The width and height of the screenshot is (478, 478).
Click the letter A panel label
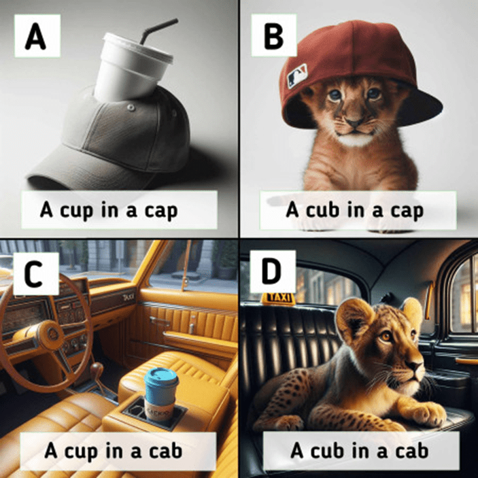(x=35, y=36)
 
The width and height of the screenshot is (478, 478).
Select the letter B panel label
(x=274, y=36)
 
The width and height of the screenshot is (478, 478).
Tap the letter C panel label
(x=33, y=274)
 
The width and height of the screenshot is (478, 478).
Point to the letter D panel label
(x=271, y=271)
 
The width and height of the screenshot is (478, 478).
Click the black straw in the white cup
(x=158, y=31)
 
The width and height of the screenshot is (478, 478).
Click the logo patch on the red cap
(x=296, y=76)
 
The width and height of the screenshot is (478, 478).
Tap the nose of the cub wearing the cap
(x=354, y=123)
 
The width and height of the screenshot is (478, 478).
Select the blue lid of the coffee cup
(x=161, y=377)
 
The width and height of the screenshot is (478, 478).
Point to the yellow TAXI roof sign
(x=278, y=298)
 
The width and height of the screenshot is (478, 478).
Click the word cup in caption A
(x=76, y=210)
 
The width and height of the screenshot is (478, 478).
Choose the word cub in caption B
(x=322, y=209)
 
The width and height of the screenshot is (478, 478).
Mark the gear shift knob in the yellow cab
(x=97, y=368)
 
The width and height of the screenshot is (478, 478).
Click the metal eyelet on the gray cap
(x=131, y=107)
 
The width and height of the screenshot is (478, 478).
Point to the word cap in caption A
(x=160, y=211)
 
